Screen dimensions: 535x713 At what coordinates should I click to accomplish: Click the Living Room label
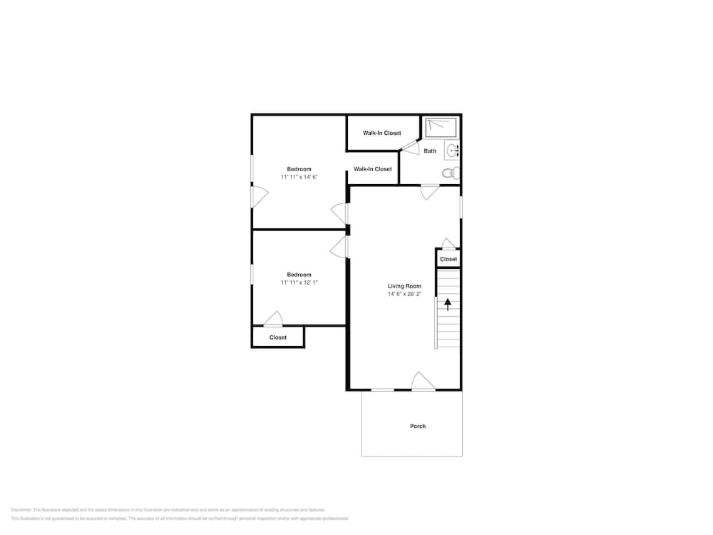click(x=404, y=286)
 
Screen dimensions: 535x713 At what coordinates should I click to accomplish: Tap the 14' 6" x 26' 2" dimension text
click(x=404, y=294)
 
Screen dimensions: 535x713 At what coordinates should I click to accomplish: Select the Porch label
click(x=418, y=427)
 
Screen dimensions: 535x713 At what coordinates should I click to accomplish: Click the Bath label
click(x=430, y=151)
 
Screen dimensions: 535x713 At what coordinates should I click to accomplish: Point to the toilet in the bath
click(x=450, y=173)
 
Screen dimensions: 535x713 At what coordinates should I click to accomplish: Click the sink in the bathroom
click(x=451, y=151)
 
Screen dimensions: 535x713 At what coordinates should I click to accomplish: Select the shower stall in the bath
click(x=441, y=128)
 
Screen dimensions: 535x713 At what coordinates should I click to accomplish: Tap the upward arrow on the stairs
click(x=448, y=305)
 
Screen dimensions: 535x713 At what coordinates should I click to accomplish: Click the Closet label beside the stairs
click(x=448, y=259)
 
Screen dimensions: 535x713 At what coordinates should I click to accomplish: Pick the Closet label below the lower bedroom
click(x=278, y=337)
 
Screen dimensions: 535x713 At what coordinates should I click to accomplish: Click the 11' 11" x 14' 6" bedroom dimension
click(x=299, y=177)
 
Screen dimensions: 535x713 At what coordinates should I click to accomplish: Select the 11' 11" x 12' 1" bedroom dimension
click(x=299, y=282)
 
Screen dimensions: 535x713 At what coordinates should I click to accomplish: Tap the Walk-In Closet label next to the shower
click(x=381, y=133)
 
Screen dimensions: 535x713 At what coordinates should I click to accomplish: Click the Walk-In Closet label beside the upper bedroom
click(x=372, y=169)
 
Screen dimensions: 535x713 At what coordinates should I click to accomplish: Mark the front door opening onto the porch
click(x=424, y=382)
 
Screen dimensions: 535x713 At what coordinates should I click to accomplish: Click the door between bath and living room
click(x=429, y=192)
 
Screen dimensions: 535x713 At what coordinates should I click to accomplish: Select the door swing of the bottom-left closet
click(x=272, y=320)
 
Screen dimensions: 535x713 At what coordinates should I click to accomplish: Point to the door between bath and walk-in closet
click(x=409, y=147)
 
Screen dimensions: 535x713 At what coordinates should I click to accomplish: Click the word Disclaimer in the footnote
click(x=21, y=510)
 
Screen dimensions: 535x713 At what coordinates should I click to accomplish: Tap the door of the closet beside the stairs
click(x=448, y=244)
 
